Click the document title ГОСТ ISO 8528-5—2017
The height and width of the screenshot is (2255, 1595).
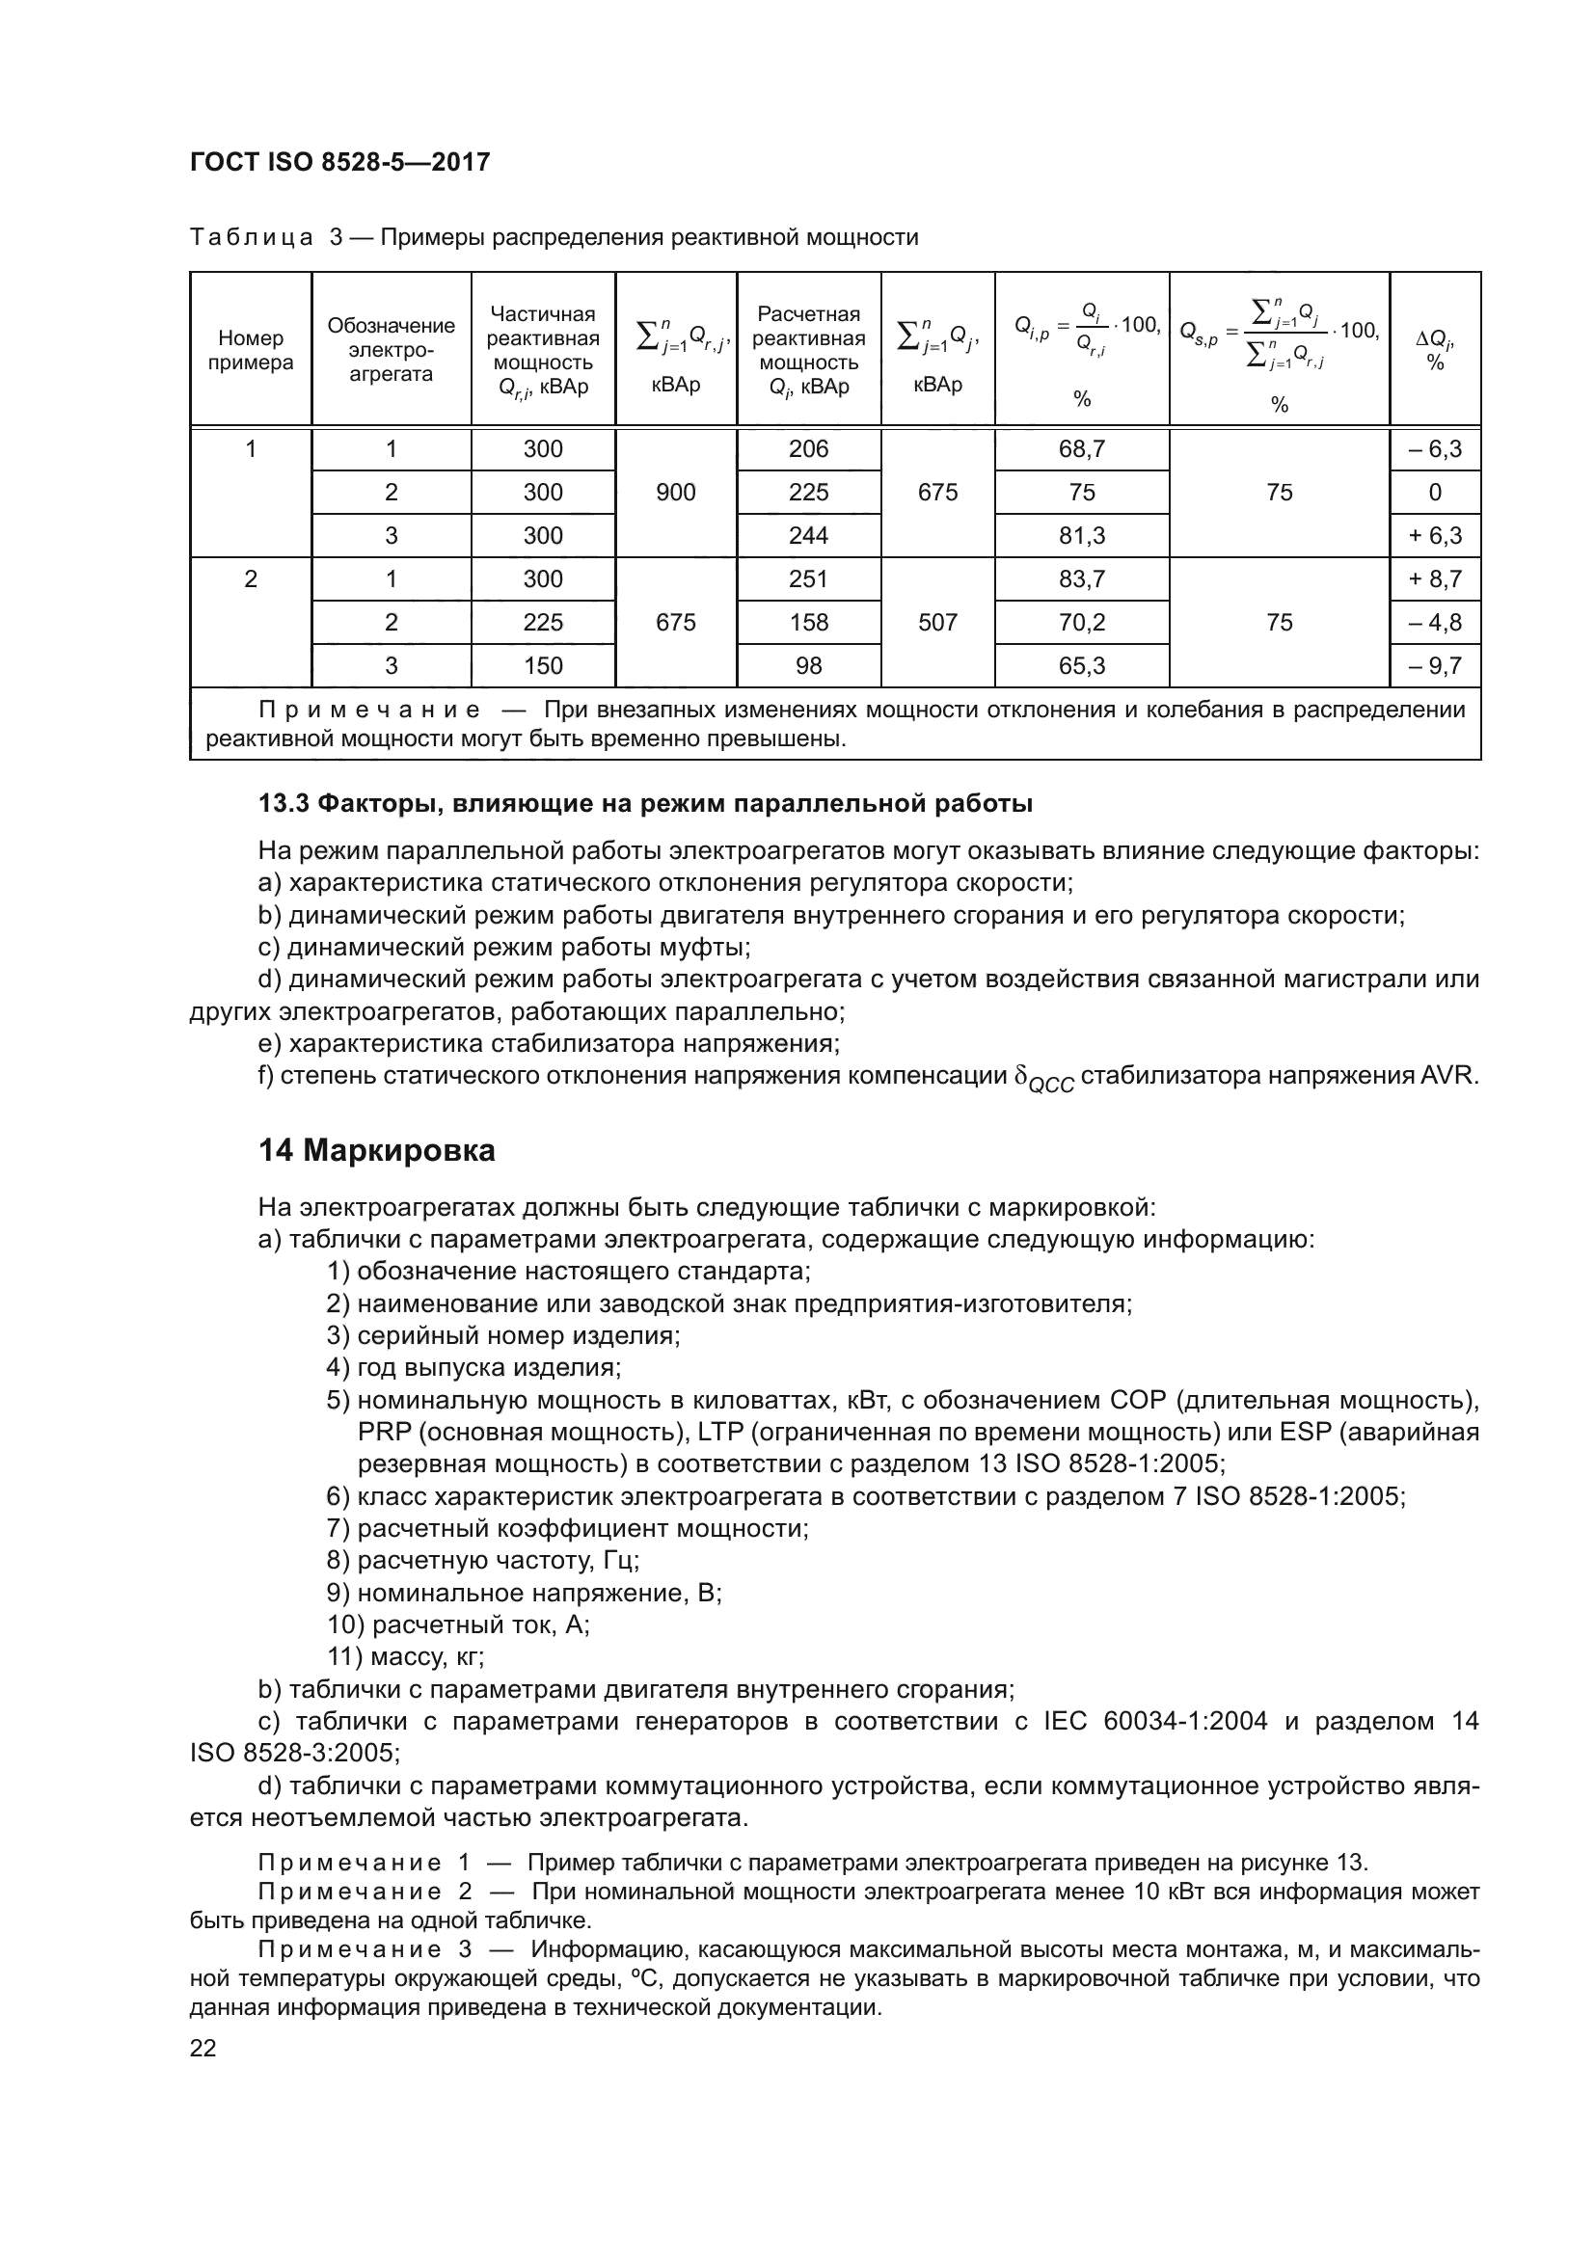coord(339,162)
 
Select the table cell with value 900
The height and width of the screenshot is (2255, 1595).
coord(676,492)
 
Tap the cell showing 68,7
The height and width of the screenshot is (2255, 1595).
coord(1081,449)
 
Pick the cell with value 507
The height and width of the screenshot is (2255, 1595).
coord(937,622)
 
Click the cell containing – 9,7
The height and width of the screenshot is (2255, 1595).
coord(1435,666)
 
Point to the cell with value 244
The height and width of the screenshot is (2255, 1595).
coord(808,535)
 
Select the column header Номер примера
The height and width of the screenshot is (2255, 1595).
coord(251,350)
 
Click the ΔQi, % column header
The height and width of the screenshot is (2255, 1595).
coord(1435,350)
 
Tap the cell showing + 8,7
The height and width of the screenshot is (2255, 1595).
coord(1435,578)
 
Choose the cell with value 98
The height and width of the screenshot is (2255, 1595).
coord(808,666)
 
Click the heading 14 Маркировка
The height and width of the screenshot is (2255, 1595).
coord(377,1150)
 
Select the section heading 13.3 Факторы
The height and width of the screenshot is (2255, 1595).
coord(644,803)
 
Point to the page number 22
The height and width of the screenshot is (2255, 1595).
coord(203,2048)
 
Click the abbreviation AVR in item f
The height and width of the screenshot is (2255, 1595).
coord(1448,1076)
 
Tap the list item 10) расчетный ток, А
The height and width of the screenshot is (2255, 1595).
coord(459,1624)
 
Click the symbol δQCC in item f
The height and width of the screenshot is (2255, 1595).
coord(1043,1079)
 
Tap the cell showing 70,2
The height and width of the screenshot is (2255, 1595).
coord(1081,622)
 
